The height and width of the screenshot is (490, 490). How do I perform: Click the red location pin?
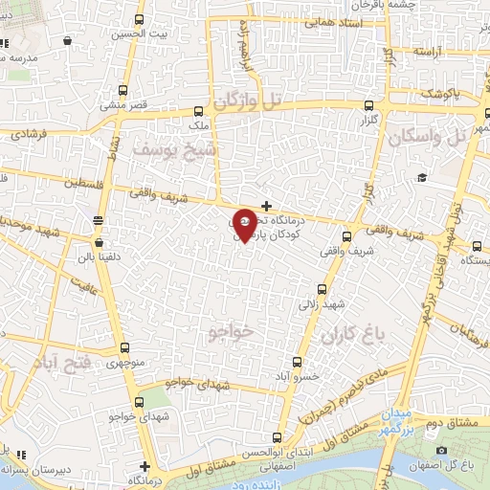pyautogui.click(x=244, y=223)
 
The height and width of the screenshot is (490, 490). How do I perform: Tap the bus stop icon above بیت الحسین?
pyautogui.click(x=140, y=20)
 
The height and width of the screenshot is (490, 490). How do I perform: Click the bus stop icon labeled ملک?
pyautogui.click(x=198, y=111)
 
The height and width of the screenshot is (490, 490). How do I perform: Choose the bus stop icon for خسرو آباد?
pyautogui.click(x=298, y=362)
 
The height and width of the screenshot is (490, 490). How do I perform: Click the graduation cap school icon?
pyautogui.click(x=421, y=178)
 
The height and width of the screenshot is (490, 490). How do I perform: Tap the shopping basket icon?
pyautogui.click(x=68, y=41)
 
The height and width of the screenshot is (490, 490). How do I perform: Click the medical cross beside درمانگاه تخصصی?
pyautogui.click(x=266, y=206)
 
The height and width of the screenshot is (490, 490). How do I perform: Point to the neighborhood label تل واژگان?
pyautogui.click(x=249, y=100)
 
